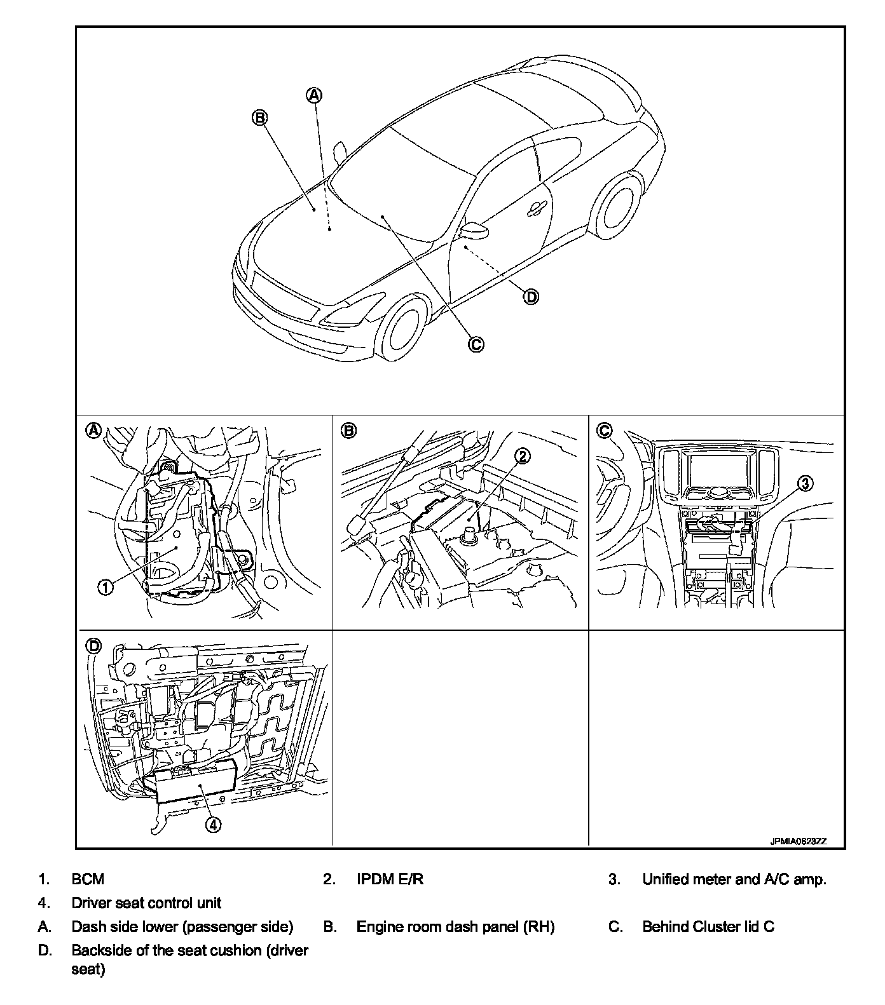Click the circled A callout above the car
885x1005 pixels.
tap(314, 95)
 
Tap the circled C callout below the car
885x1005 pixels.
tap(476, 344)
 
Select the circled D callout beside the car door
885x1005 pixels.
tap(530, 296)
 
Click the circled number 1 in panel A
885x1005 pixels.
tap(106, 588)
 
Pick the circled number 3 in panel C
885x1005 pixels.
tap(804, 484)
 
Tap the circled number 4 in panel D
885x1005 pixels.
tap(213, 825)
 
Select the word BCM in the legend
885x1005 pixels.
tap(88, 879)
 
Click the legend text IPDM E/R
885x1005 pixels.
tap(390, 879)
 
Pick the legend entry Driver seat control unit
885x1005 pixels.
tap(146, 903)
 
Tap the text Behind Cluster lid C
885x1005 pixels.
tap(708, 927)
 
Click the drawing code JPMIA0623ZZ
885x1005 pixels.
tap(798, 841)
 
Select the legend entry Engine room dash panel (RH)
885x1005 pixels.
tap(455, 927)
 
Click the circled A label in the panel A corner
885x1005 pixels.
tap(93, 430)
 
